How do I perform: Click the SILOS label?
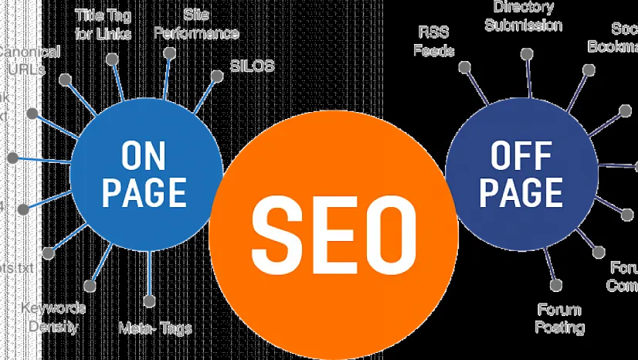pyautogui.click(x=252, y=66)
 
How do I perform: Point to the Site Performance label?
pyautogui.click(x=195, y=24)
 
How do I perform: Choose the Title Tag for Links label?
pyautogui.click(x=104, y=24)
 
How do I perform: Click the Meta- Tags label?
pyautogui.click(x=155, y=328)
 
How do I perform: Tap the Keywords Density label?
pyautogui.click(x=53, y=317)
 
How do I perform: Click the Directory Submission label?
pyautogui.click(x=524, y=16)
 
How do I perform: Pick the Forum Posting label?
pyautogui.click(x=560, y=318)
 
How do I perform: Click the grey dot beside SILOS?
pyautogui.click(x=215, y=76)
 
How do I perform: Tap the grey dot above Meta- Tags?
pyautogui.click(x=149, y=301)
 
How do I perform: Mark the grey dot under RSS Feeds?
pyautogui.click(x=464, y=67)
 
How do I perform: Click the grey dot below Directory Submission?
pyautogui.click(x=526, y=54)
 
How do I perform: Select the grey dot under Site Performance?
pyautogui.click(x=169, y=52)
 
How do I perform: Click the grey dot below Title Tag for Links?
pyautogui.click(x=113, y=59)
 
